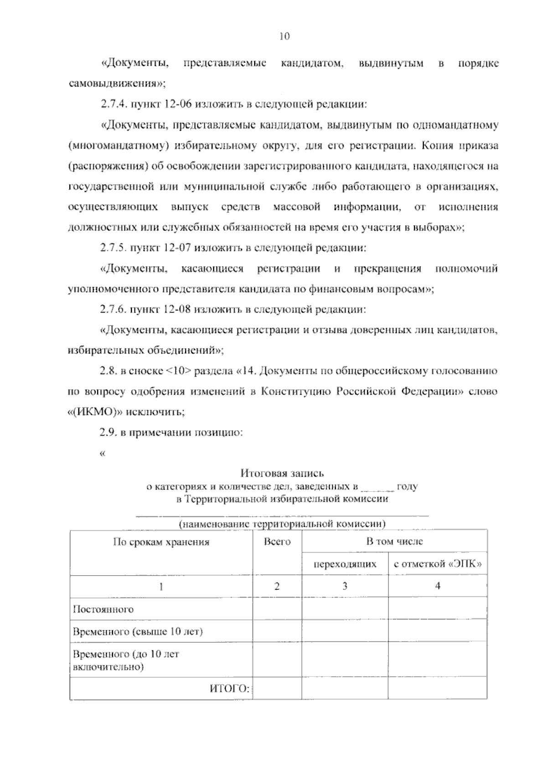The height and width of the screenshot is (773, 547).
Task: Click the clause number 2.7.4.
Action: click(114, 104)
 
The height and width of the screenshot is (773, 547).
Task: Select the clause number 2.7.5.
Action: click(114, 248)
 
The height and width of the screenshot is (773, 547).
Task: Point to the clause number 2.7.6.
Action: click(114, 310)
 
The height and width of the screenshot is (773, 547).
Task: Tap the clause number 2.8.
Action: click(108, 371)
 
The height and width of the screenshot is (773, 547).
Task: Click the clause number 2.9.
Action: click(108, 433)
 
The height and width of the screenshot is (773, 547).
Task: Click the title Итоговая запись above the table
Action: click(282, 474)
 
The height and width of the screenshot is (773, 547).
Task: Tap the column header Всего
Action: click(277, 542)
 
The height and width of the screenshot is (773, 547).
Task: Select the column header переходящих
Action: click(345, 564)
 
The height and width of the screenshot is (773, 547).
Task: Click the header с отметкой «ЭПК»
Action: click(438, 564)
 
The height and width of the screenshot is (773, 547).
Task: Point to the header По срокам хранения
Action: click(161, 542)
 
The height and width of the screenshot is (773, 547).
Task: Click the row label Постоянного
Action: click(103, 609)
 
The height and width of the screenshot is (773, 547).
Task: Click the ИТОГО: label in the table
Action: click(230, 688)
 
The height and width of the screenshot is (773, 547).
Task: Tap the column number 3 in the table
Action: click(345, 586)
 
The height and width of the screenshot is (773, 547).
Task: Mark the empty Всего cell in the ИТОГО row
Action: click(277, 688)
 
